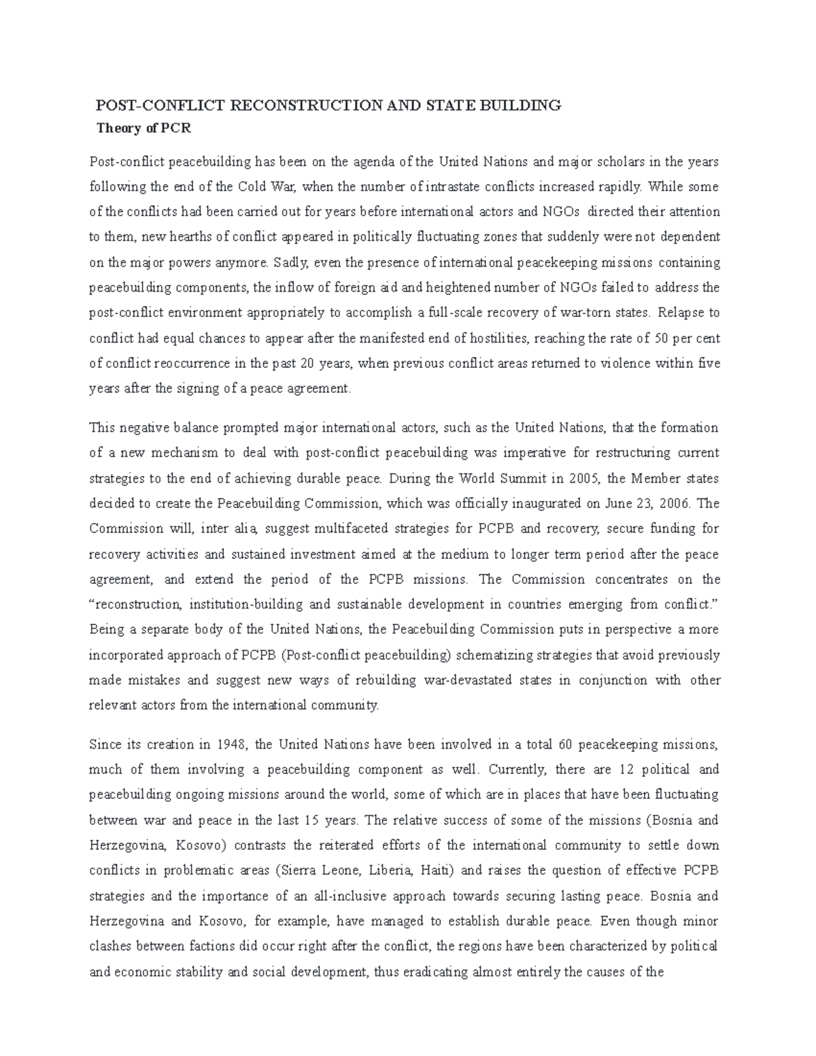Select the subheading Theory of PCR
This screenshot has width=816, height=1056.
pyautogui.click(x=139, y=127)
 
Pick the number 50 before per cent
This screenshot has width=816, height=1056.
pyautogui.click(x=660, y=338)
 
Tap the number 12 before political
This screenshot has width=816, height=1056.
pyautogui.click(x=627, y=770)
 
